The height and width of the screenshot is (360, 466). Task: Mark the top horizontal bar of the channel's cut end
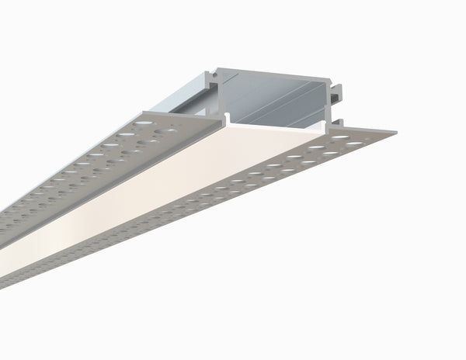click(272, 70)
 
